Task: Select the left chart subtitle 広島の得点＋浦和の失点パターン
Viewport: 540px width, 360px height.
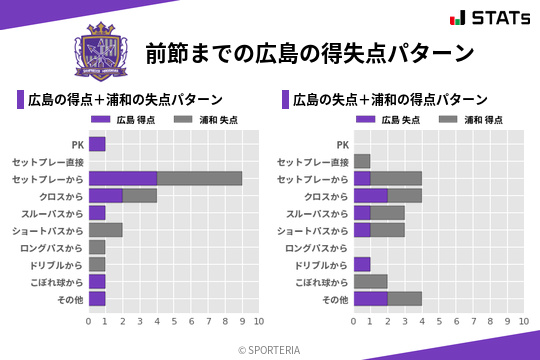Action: [x=125, y=100]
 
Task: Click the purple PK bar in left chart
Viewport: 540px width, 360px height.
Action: [x=97, y=144]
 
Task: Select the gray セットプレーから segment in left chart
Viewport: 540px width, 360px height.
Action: [x=199, y=178]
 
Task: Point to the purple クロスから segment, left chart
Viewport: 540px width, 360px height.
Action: [x=106, y=195]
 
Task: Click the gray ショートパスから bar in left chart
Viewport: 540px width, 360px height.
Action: [x=106, y=229]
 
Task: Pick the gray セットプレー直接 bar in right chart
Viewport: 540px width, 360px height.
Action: [x=362, y=161]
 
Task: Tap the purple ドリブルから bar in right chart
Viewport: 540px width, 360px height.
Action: [x=362, y=264]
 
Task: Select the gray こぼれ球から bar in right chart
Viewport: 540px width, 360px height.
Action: [x=370, y=281]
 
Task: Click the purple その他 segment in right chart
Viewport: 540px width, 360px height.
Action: [x=370, y=298]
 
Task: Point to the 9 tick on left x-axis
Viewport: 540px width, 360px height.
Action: [x=242, y=321]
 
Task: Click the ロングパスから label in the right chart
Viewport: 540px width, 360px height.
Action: [x=316, y=247]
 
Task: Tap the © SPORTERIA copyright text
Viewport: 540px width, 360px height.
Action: [x=270, y=349]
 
